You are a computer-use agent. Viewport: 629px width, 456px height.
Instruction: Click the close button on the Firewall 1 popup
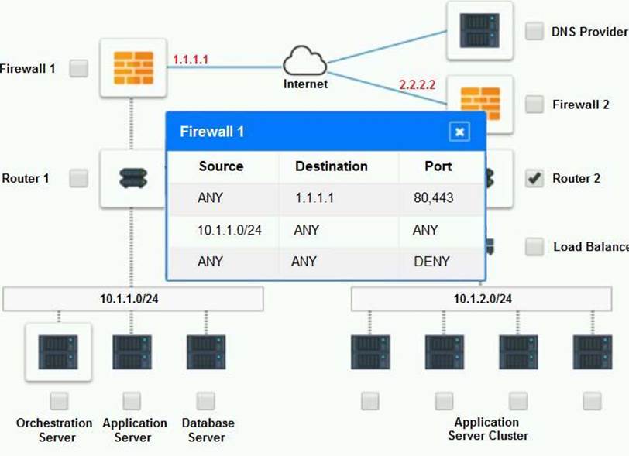click(x=459, y=132)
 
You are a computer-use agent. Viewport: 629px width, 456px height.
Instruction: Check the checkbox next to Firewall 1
click(x=79, y=69)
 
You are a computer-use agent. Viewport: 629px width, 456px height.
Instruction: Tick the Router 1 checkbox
click(x=79, y=179)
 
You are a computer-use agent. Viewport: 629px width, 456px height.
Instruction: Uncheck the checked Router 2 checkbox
click(x=534, y=179)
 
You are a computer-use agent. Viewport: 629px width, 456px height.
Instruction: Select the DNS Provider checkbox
click(x=534, y=31)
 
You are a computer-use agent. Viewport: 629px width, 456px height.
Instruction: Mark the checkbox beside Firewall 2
click(x=534, y=105)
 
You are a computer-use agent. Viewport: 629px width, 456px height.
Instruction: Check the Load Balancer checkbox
click(x=534, y=247)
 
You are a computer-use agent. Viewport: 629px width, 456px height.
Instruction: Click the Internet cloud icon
click(x=304, y=61)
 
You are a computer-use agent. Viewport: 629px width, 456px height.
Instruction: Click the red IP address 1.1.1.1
click(x=191, y=59)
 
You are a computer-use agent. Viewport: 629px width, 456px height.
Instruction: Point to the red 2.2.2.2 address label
click(x=418, y=84)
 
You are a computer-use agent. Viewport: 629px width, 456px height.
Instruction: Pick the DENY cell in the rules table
click(x=431, y=262)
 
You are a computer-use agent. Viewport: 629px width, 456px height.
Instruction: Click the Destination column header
click(x=332, y=166)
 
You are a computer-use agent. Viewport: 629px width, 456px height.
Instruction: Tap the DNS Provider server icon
click(x=479, y=31)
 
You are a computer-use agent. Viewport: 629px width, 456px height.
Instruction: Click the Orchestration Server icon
click(x=58, y=351)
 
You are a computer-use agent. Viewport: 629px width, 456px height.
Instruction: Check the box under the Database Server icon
click(x=205, y=401)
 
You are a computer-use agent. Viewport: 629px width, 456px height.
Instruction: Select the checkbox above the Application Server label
click(x=132, y=401)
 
